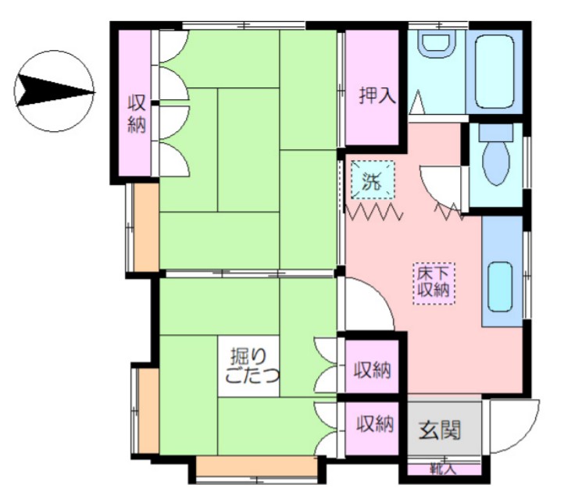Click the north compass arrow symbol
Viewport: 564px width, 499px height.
(55, 91)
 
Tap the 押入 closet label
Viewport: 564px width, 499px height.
(377, 96)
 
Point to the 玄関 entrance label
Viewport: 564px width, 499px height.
(441, 429)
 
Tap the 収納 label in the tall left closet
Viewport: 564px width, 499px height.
(137, 114)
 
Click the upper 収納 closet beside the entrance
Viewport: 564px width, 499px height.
(373, 369)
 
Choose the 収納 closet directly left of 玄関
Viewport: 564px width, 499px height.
(373, 425)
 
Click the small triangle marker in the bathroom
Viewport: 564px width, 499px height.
(417, 102)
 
